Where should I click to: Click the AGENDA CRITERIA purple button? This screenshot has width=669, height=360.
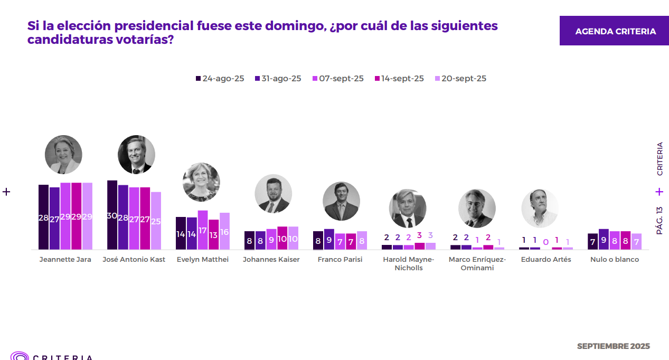(615, 31)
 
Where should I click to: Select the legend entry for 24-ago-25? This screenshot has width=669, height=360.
(220, 79)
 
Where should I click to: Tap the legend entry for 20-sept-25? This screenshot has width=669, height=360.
(459, 79)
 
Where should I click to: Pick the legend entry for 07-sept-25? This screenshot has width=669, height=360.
(338, 79)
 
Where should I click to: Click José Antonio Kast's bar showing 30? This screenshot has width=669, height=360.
(112, 215)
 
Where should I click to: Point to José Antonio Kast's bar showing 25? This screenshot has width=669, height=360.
(156, 221)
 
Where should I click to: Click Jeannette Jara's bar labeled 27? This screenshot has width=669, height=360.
(54, 218)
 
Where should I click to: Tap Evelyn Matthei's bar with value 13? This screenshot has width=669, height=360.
(213, 234)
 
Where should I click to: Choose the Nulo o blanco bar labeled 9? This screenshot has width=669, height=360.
(604, 239)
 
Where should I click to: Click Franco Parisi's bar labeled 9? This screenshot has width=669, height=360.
(329, 239)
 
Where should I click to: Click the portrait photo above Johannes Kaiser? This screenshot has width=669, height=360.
(273, 193)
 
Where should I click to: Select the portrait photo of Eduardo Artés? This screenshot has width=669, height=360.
(540, 208)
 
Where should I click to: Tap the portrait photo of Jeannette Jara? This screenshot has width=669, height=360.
(63, 154)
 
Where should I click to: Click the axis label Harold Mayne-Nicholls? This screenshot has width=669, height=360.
(408, 263)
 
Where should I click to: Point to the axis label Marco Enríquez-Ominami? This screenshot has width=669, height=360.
(477, 263)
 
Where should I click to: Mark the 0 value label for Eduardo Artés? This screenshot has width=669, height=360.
(546, 242)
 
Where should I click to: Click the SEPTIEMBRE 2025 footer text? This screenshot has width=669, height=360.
(613, 346)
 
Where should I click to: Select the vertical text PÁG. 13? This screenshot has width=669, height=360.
(659, 220)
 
